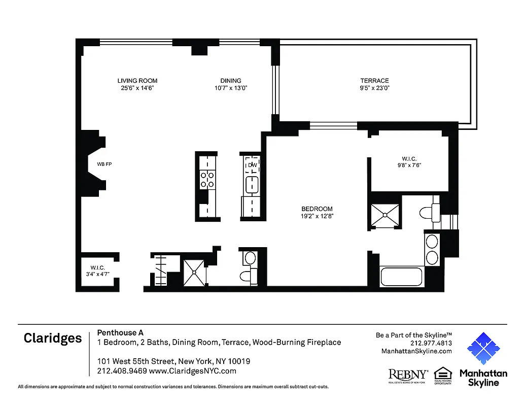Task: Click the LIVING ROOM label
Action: click(137, 81)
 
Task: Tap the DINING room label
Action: click(231, 81)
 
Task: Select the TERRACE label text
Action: click(374, 81)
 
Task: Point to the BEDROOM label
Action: click(317, 209)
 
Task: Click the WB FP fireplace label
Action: click(104, 164)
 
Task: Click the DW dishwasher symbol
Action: click(252, 165)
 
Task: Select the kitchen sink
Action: click(252, 185)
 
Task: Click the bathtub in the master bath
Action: click(402, 277)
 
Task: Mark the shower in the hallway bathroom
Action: click(195, 273)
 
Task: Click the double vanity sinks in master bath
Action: click(432, 249)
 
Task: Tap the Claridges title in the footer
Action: click(53, 339)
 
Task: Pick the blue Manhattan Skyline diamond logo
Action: click(483, 349)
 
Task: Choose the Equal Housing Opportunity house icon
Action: click(443, 375)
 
